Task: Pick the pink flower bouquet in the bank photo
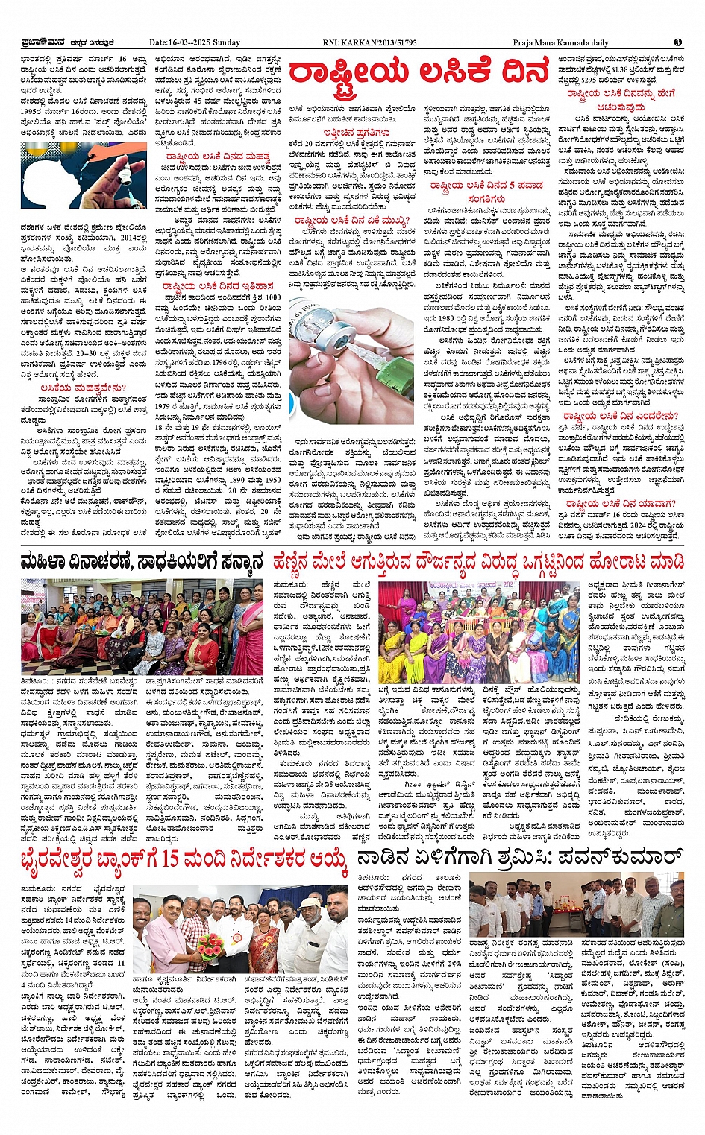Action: coord(211,947)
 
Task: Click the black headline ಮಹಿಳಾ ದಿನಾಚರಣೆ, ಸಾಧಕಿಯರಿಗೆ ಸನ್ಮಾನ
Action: coord(142,561)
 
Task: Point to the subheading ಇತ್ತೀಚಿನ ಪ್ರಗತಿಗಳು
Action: coord(351,132)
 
